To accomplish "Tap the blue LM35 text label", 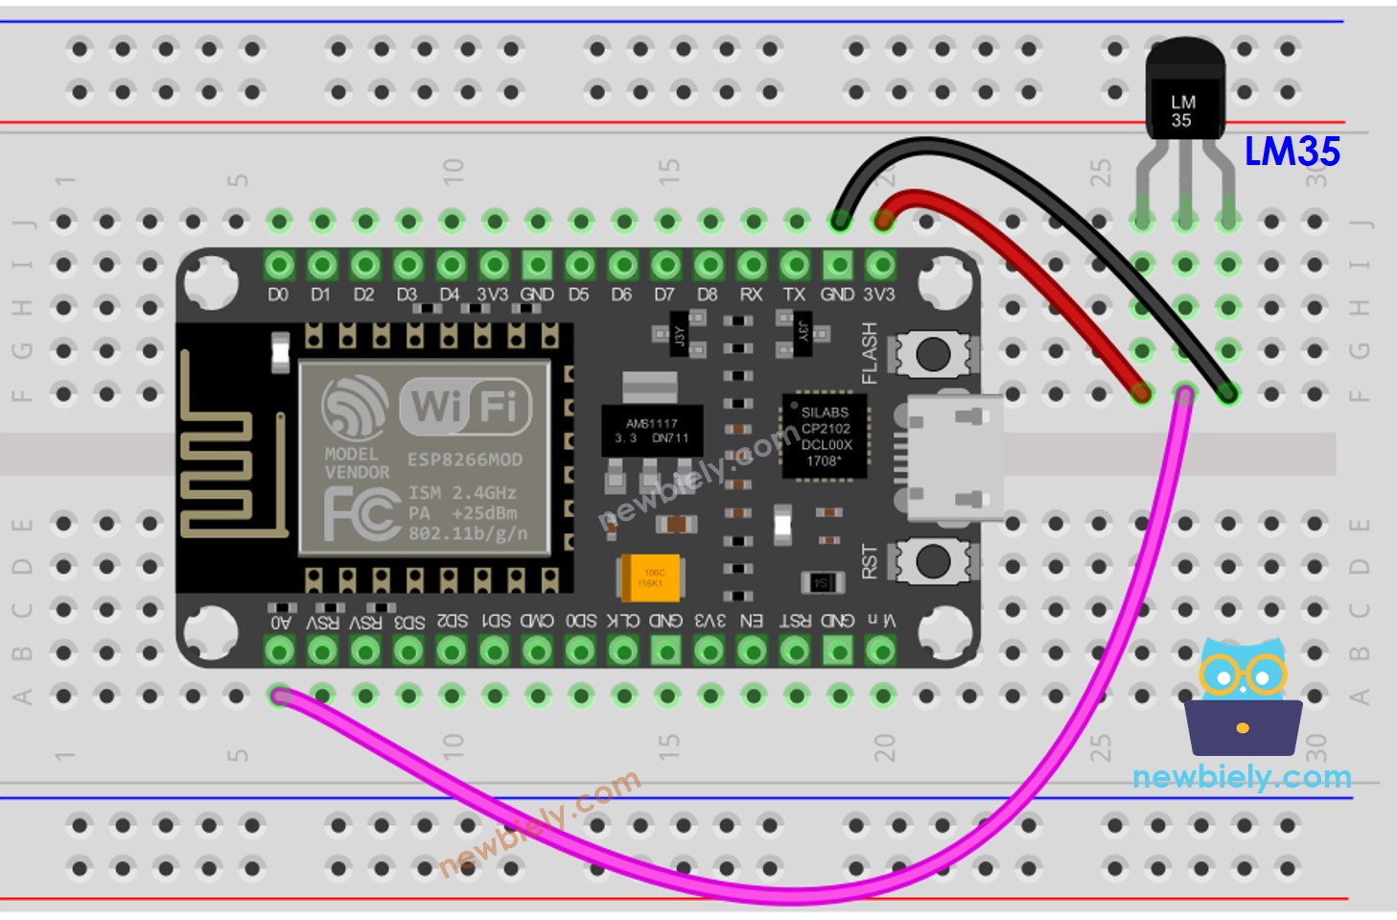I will coord(1292,152).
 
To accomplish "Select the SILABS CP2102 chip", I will coord(825,436).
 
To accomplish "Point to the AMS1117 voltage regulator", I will coord(651,431).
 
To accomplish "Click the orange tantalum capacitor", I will coord(651,578).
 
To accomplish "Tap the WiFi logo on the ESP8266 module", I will coord(465,406).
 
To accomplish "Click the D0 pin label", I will coord(278,295).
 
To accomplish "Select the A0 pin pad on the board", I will coord(279,651).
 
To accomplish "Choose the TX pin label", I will coord(794,295).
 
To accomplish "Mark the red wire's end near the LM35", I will coord(1141,392).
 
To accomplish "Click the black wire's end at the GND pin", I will coord(839,222).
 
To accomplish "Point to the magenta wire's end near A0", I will coord(280,696).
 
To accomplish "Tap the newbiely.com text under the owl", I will coord(1242,777).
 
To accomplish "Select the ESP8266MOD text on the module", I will coord(465,460).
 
